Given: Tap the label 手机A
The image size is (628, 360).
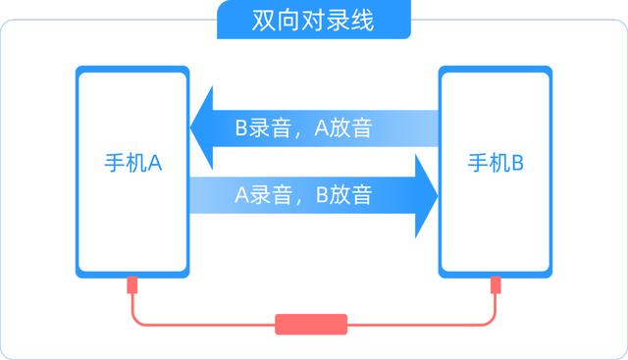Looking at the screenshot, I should click(x=132, y=163).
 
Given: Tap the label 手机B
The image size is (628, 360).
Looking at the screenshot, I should click(x=496, y=163).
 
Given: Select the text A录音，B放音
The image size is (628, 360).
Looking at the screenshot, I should click(x=302, y=194).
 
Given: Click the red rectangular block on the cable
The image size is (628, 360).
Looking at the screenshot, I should click(x=312, y=325).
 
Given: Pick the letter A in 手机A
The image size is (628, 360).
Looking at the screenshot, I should click(x=155, y=163).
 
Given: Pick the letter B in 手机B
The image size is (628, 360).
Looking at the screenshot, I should click(x=517, y=163).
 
